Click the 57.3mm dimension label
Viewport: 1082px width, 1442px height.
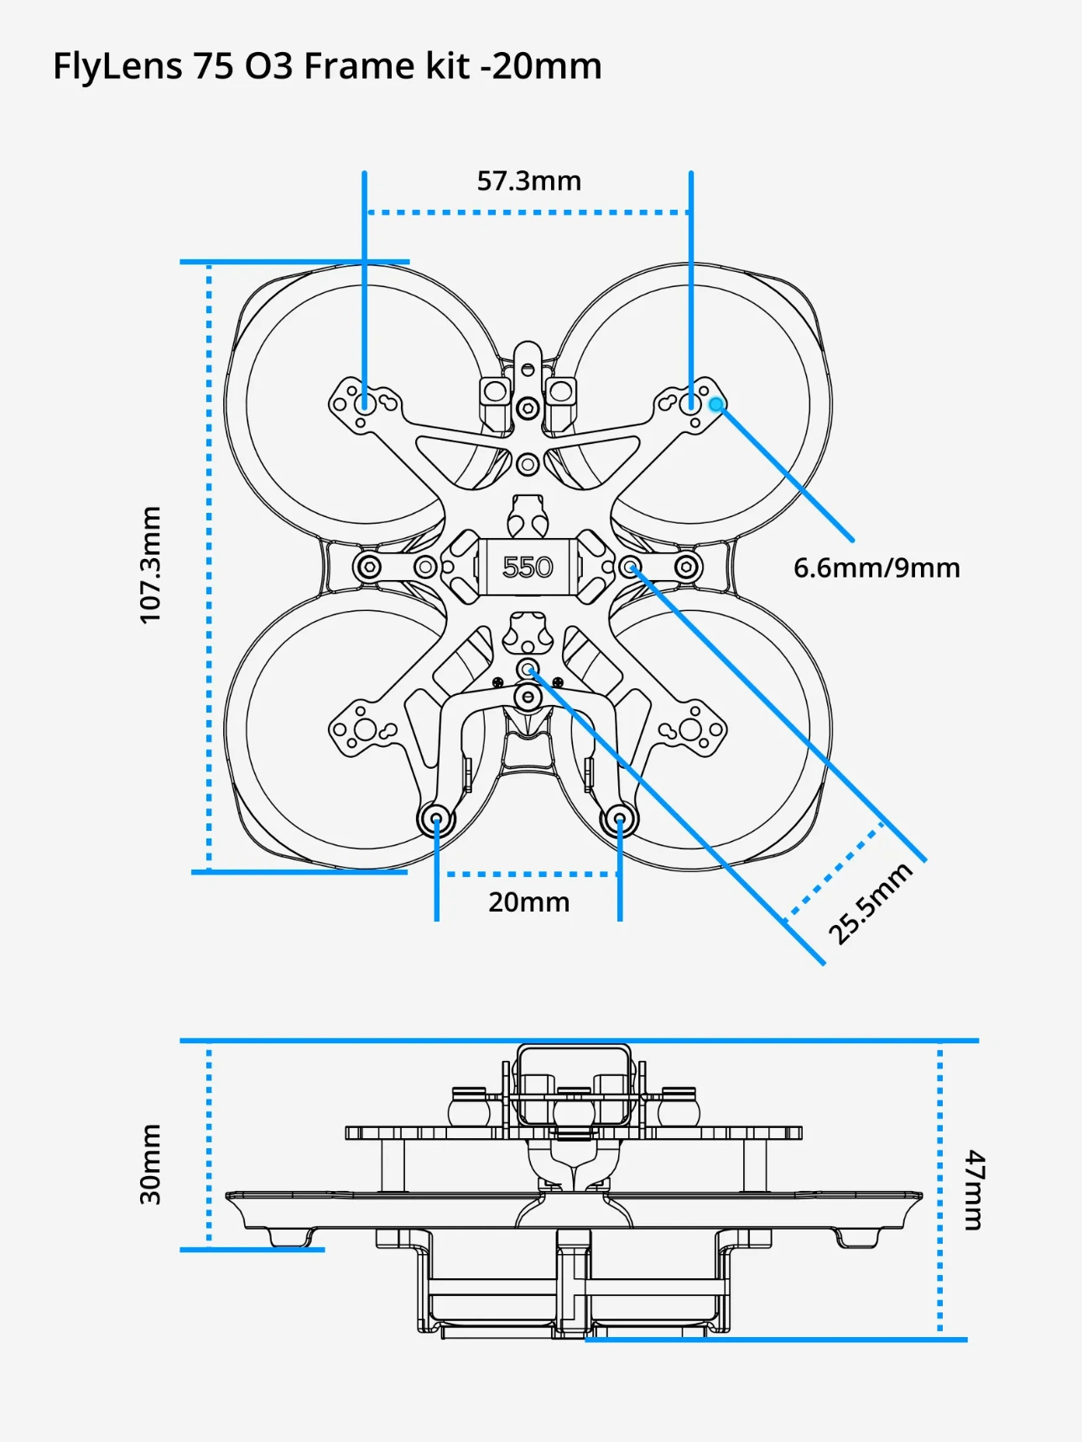(528, 180)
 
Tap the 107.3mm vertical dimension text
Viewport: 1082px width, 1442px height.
(150, 565)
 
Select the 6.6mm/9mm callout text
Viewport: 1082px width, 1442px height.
(877, 568)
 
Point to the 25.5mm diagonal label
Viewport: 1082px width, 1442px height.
(870, 903)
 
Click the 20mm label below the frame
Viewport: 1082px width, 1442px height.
(528, 902)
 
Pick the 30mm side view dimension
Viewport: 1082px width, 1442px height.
(150, 1164)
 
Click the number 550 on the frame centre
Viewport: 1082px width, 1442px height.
(528, 567)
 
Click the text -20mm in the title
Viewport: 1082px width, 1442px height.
(541, 66)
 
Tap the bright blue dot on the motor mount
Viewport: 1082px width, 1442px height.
(715, 405)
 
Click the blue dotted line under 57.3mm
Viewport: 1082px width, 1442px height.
(528, 212)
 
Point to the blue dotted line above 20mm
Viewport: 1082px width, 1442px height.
(528, 874)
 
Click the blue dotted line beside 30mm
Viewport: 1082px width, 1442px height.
(209, 1145)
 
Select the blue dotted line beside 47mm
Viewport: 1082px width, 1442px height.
(940, 1189)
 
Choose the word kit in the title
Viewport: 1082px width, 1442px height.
(447, 66)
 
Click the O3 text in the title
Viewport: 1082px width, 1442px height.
(268, 66)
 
